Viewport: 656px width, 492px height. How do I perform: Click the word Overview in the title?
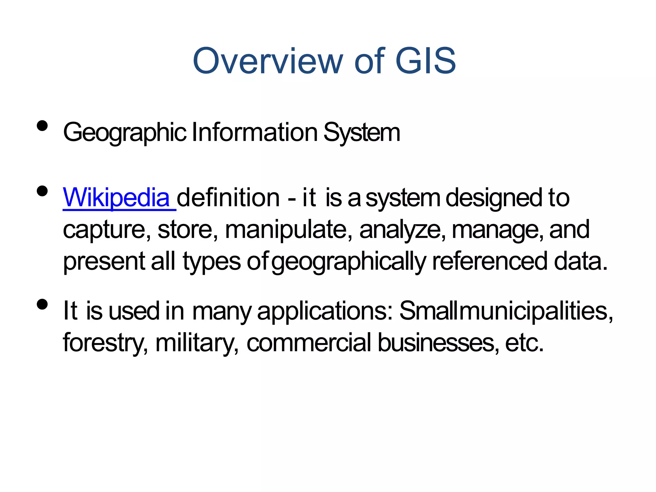click(268, 61)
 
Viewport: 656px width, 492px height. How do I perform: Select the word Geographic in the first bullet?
click(125, 133)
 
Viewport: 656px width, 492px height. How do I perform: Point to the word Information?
click(254, 132)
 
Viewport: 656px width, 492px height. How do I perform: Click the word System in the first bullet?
click(362, 133)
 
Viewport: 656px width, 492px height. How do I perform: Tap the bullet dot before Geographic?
click(42, 126)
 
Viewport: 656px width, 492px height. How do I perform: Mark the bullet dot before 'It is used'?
click(42, 304)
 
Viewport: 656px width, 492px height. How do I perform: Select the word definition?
click(228, 198)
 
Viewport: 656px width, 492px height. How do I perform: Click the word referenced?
click(489, 261)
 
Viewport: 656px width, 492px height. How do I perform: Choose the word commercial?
click(309, 342)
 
